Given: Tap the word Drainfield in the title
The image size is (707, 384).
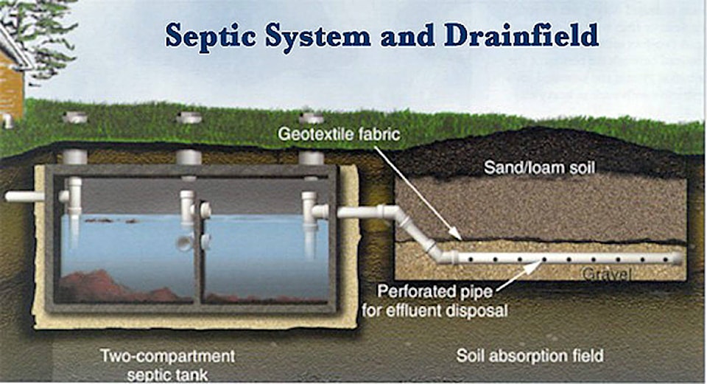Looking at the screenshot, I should (524, 34).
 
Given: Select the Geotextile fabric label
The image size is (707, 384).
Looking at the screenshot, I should (340, 136).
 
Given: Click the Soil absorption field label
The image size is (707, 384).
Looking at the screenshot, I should (530, 356).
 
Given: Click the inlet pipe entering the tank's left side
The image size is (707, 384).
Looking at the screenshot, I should (26, 196).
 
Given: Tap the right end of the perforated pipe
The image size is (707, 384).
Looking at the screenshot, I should (676, 258).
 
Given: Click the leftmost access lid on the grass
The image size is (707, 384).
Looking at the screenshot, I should (75, 116).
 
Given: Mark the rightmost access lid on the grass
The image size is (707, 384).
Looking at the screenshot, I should (312, 117).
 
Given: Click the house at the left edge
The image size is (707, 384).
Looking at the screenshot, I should (10, 81).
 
